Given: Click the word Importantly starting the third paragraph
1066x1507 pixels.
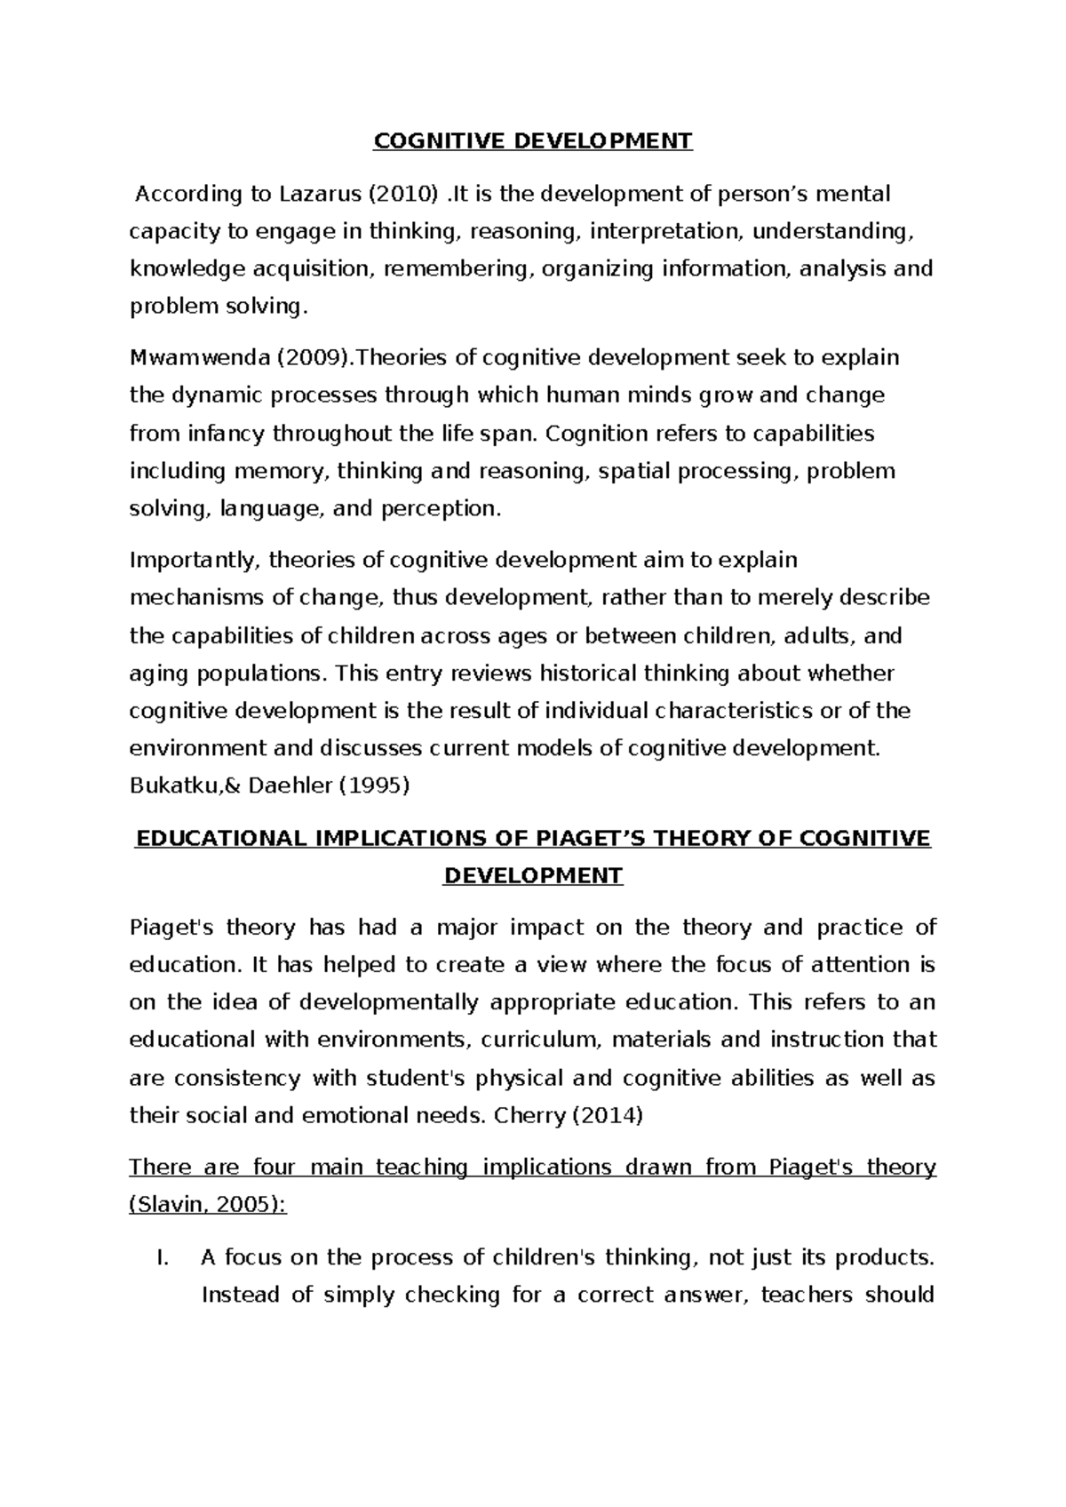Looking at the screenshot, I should (x=194, y=561).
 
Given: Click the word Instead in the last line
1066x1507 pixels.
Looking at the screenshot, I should (x=239, y=1295).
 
